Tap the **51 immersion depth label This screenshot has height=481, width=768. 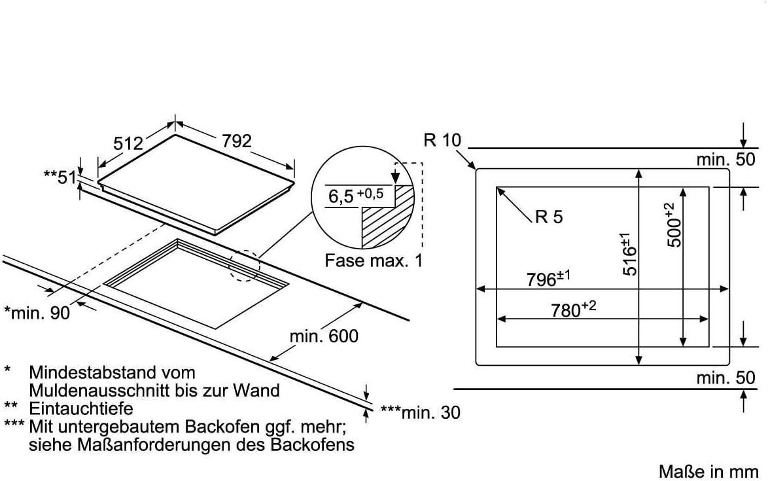60,176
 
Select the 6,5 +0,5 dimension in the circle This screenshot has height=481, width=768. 355,196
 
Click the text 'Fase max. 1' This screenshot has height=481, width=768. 374,260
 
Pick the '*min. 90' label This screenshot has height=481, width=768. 37,313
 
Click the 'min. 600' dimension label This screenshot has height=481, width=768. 324,336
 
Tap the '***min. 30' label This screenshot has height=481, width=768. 420,412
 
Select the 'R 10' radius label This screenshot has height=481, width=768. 442,140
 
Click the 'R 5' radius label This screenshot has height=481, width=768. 548,217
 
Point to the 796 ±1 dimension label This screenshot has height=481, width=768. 549,278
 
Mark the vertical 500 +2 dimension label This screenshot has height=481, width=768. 673,224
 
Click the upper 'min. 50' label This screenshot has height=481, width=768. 725,158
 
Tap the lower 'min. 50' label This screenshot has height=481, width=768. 725,378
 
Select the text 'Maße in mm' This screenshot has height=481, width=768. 708,471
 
